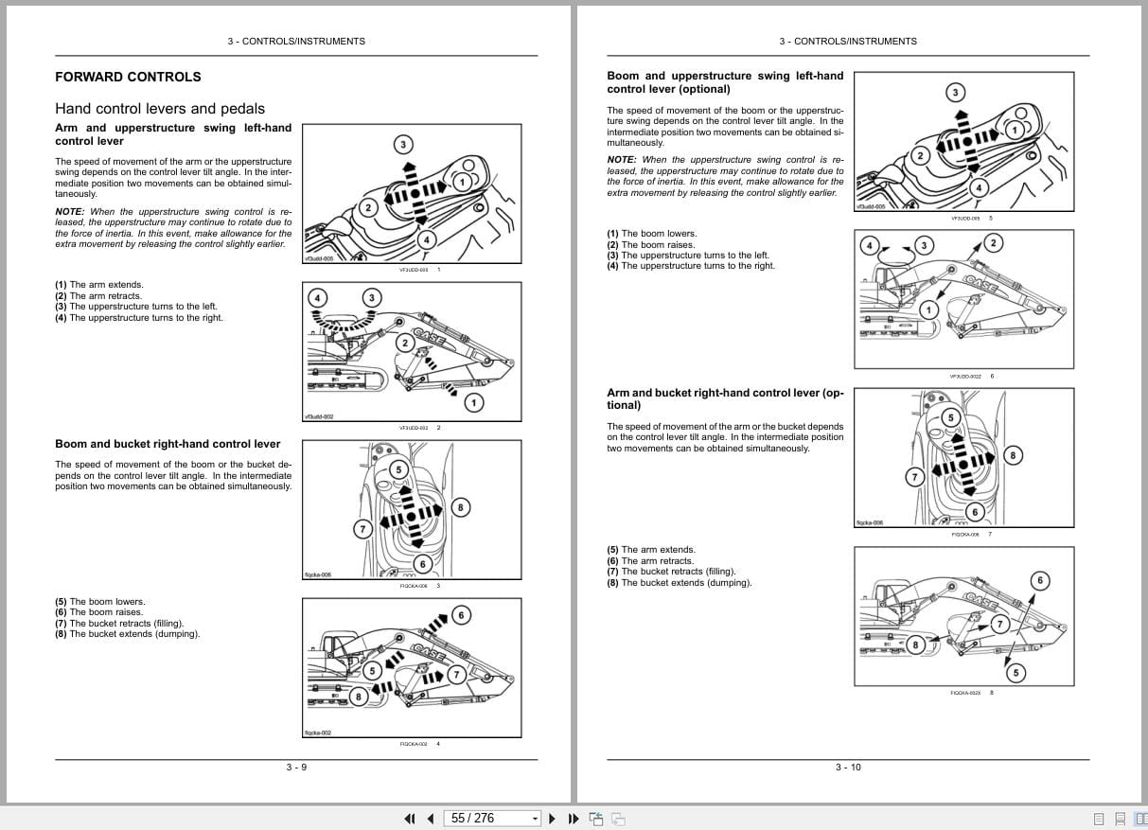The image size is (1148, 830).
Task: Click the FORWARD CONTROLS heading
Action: [x=128, y=77]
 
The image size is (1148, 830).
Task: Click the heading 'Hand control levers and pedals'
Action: [x=160, y=109]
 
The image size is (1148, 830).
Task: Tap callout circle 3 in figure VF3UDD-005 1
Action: [x=403, y=145]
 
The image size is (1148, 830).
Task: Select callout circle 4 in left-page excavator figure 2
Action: [x=318, y=298]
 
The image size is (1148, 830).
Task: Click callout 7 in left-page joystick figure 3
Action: [x=362, y=529]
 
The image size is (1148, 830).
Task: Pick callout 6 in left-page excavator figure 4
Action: [x=461, y=615]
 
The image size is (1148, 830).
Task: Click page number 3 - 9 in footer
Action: [x=296, y=767]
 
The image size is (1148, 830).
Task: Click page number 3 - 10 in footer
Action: [x=848, y=767]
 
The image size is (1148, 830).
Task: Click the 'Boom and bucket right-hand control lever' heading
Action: [x=168, y=444]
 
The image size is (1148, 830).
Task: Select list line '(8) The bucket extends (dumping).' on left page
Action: [x=128, y=634]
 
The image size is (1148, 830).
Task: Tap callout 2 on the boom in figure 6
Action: [x=992, y=243]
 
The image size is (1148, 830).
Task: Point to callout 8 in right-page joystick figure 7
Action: [x=1013, y=456]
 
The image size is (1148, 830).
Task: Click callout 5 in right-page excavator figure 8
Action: [x=1016, y=673]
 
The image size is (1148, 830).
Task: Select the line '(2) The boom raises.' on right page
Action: [x=650, y=244]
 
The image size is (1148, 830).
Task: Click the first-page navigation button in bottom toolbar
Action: [x=410, y=819]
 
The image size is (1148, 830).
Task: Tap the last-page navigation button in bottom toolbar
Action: [x=574, y=819]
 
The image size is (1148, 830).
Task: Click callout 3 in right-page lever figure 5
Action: [x=955, y=92]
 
